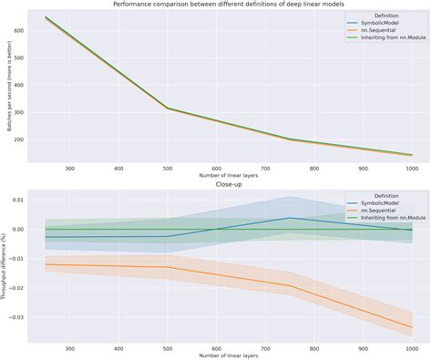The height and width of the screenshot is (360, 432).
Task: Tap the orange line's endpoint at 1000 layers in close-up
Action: tap(411, 327)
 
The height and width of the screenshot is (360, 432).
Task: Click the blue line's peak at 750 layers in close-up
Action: tap(289, 218)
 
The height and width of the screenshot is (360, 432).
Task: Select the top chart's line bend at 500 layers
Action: tap(168, 108)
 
